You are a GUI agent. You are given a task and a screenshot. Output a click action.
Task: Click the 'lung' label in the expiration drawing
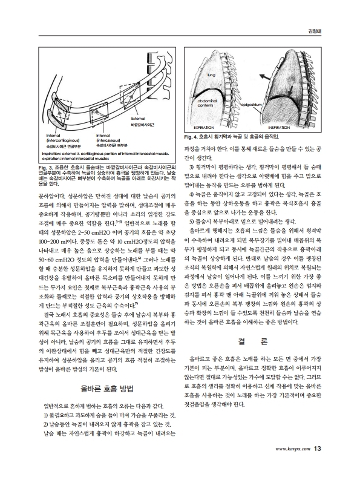point(211,76)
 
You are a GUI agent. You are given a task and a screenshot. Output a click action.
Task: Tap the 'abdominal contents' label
point(209,103)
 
